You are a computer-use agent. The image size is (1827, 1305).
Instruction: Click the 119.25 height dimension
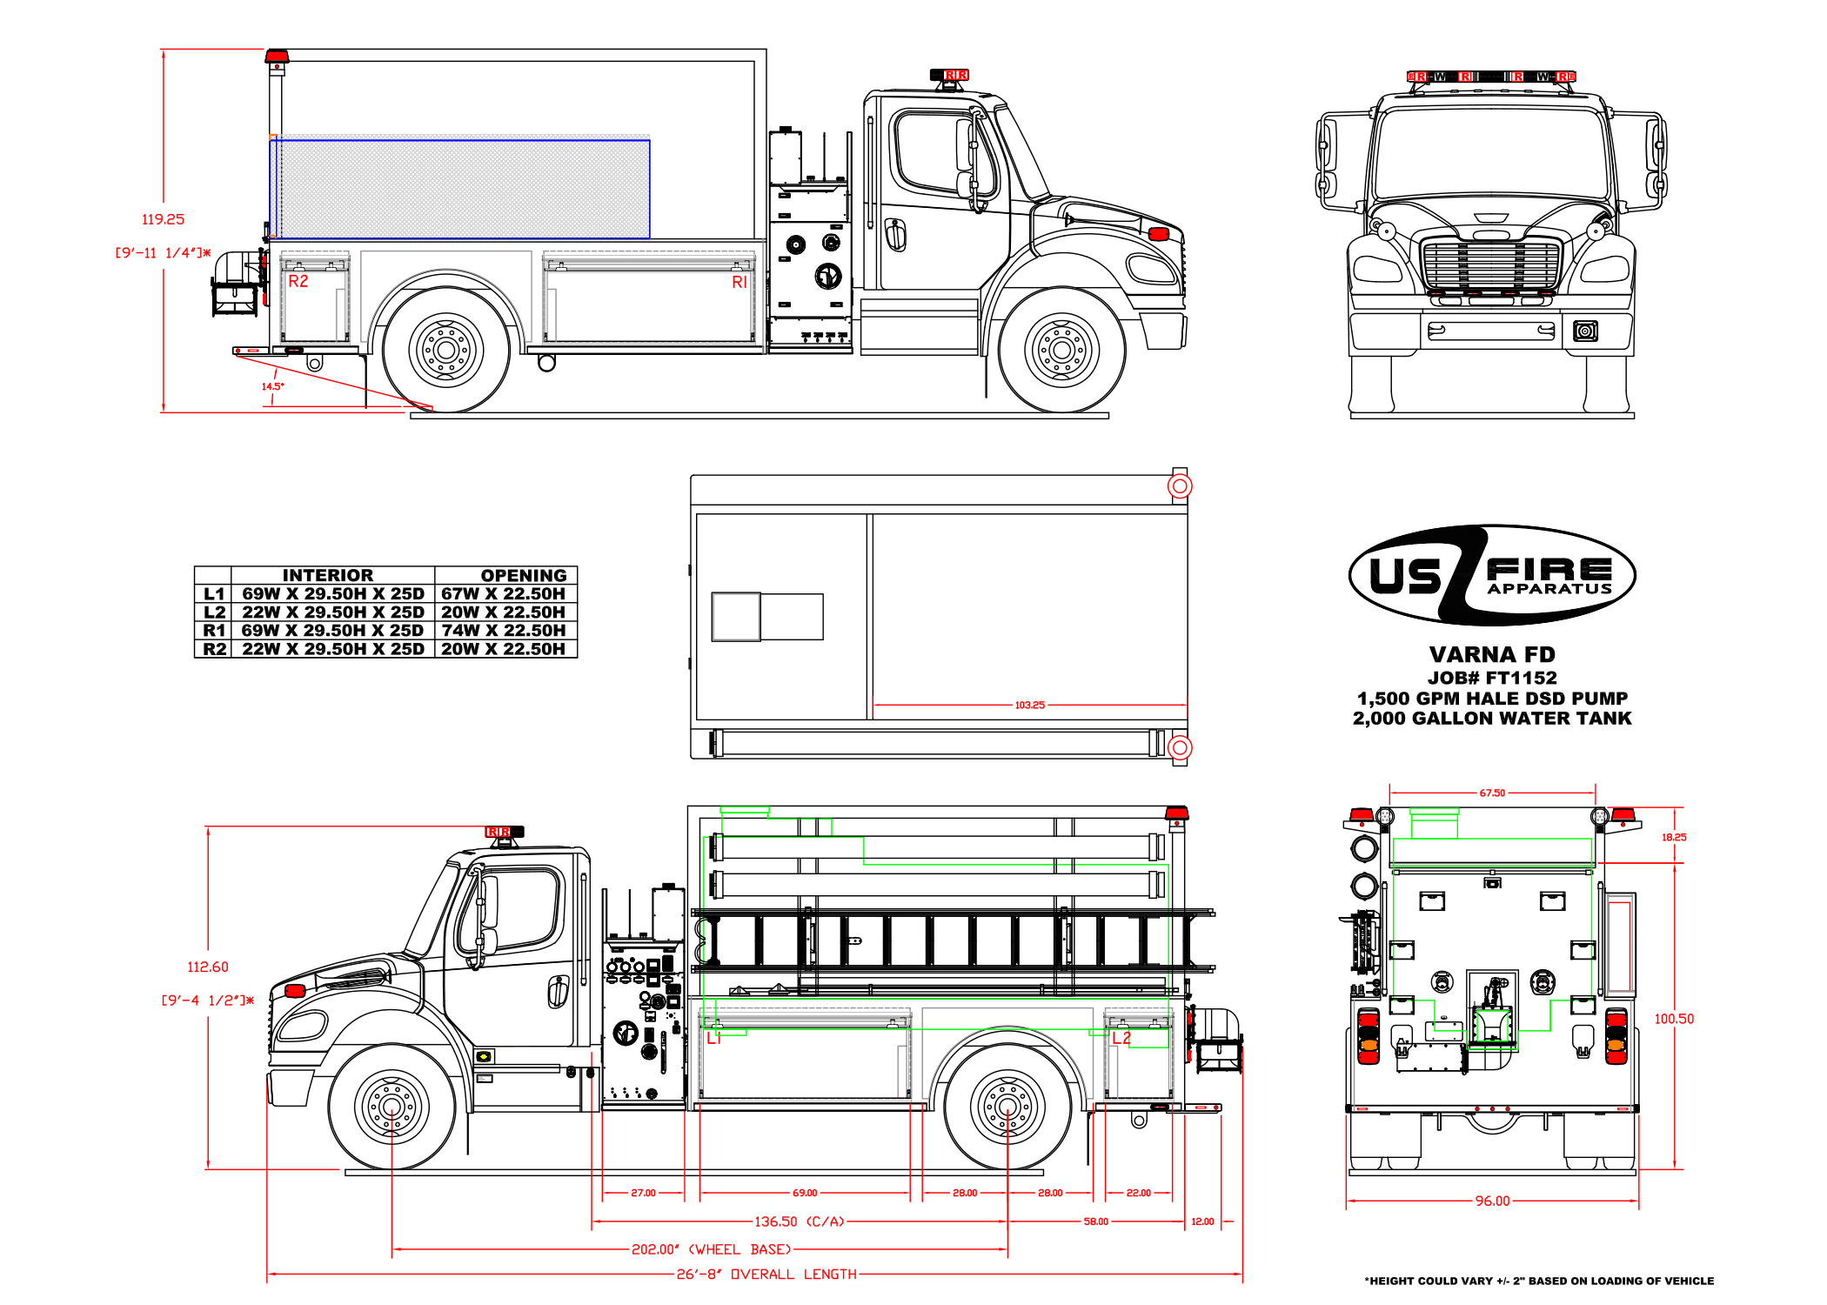click(x=163, y=219)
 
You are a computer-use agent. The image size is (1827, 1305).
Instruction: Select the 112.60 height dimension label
click(x=207, y=967)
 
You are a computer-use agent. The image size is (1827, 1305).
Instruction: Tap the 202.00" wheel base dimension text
click(x=711, y=1249)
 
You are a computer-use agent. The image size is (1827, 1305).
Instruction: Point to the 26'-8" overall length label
click(x=766, y=1275)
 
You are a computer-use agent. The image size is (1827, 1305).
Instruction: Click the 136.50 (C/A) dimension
click(x=799, y=1221)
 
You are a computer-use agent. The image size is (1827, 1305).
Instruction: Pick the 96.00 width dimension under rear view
click(x=1492, y=1201)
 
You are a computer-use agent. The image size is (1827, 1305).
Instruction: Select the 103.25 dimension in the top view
click(x=1029, y=705)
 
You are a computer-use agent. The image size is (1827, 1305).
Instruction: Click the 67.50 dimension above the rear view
click(x=1492, y=793)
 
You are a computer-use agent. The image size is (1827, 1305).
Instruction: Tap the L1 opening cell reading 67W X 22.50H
click(x=503, y=593)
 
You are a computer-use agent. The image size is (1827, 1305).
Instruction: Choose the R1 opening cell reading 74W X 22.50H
click(x=503, y=630)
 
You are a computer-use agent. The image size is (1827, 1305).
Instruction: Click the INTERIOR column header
click(x=328, y=575)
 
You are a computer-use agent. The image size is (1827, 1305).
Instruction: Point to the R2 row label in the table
click(x=214, y=649)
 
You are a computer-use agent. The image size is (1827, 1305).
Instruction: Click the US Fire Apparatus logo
click(x=1491, y=575)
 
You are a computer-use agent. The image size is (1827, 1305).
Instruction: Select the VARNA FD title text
click(x=1491, y=654)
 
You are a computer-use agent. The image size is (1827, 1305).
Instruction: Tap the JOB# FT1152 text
click(x=1491, y=678)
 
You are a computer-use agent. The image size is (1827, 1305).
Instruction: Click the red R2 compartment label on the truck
click(x=298, y=281)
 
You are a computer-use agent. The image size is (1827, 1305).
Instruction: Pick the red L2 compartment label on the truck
click(x=1121, y=1038)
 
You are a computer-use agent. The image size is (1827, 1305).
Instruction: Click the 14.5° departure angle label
click(x=272, y=386)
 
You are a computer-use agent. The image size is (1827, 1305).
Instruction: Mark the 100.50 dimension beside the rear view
click(x=1673, y=1019)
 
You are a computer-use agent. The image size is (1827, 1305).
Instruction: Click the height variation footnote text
click(x=1538, y=1281)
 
